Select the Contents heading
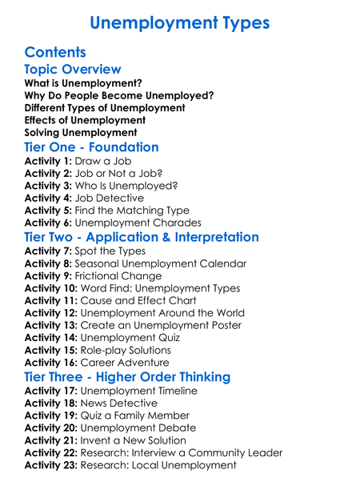[55, 52]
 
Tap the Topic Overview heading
[73, 70]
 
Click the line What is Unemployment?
[83, 83]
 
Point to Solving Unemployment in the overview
[81, 132]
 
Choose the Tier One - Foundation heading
[92, 147]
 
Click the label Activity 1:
[48, 161]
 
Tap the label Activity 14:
[52, 338]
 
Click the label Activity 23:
[52, 465]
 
